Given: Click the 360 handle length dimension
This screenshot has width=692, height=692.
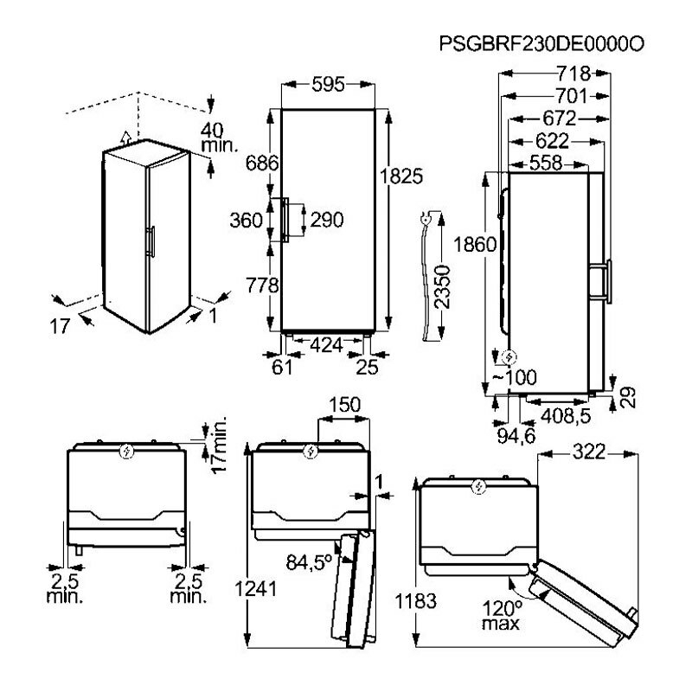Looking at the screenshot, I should coord(247,220).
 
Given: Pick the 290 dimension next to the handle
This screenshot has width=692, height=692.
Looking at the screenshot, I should coord(326,220).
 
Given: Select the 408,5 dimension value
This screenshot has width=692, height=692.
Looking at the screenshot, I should coord(564,418).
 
